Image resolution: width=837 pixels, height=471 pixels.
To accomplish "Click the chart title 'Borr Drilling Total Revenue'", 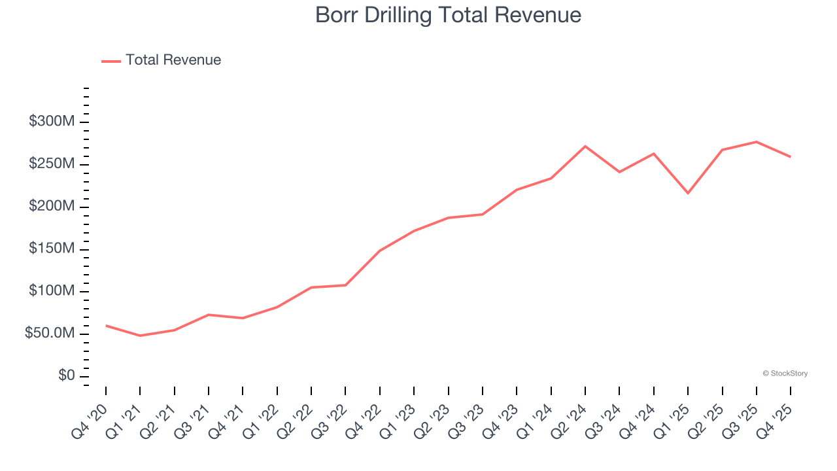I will click(448, 15).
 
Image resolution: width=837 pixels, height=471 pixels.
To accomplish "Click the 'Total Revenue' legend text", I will click(173, 60).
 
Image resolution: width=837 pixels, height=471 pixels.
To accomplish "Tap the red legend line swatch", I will click(111, 61).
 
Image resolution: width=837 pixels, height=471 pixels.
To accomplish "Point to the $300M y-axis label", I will click(52, 122).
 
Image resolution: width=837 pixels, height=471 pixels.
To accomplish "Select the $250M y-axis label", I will click(52, 164).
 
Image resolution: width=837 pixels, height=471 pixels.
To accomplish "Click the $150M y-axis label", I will click(52, 249).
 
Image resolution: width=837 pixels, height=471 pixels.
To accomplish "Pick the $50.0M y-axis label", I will click(50, 334).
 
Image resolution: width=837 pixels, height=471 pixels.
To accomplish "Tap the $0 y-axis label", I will click(66, 376).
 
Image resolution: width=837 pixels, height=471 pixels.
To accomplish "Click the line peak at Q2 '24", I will click(585, 146).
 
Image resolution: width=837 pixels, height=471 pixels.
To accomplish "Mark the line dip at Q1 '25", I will click(688, 193).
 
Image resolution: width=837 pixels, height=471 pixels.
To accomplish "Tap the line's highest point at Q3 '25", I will click(757, 142).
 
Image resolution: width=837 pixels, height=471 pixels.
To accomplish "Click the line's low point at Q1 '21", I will click(140, 336).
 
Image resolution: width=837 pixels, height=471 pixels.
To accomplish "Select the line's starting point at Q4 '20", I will click(106, 325).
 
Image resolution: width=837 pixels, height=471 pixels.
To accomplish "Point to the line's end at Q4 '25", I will click(791, 157).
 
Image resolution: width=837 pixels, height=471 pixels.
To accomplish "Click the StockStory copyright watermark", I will click(785, 374).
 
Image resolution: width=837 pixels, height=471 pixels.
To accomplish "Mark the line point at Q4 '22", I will click(379, 251).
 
